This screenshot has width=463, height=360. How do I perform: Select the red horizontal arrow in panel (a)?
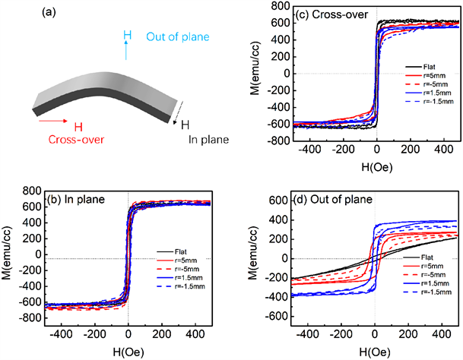pos(51,119)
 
